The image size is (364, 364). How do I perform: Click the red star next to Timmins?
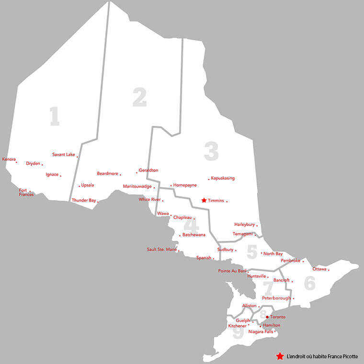204,200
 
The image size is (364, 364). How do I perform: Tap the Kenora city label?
9,159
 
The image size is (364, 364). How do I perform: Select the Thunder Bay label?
84,200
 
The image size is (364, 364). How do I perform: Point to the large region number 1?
55,116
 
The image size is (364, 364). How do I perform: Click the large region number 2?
139,98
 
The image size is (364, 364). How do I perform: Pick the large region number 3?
211,151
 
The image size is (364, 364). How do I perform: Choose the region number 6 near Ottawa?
309,283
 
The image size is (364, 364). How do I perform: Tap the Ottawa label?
319,269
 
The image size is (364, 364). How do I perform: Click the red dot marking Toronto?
267,317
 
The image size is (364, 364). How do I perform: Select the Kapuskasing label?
223,178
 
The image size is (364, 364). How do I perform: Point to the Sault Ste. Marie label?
161,249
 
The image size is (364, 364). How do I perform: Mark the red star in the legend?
279,356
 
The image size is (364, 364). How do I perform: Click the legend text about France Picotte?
322,357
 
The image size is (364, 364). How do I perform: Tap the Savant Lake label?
64,154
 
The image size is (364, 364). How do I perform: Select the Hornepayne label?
185,185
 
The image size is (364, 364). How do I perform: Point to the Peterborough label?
276,298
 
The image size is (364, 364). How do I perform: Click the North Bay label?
273,253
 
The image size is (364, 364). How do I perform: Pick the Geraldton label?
148,170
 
